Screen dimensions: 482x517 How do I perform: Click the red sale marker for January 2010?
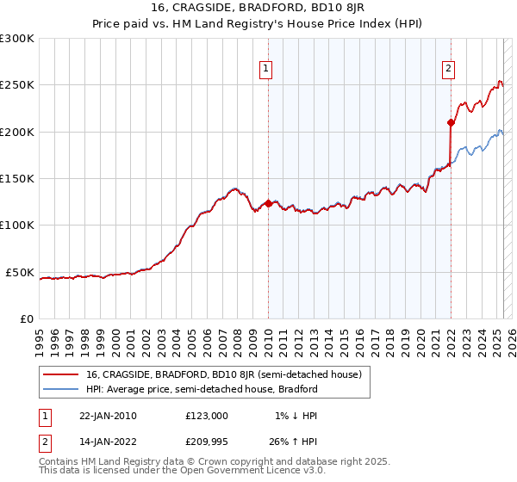tap(268, 204)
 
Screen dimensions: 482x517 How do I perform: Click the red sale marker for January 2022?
tap(451, 123)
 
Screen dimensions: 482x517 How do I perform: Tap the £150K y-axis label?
tap(17, 179)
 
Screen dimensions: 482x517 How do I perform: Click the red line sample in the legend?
tap(60, 374)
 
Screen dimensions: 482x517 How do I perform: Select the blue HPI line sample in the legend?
tap(60, 389)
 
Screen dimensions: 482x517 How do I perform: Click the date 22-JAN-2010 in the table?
tap(108, 416)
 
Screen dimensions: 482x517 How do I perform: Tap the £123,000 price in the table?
tap(207, 416)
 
